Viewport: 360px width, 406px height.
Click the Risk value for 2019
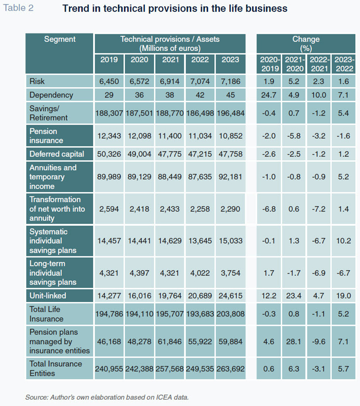pyautogui.click(x=109, y=81)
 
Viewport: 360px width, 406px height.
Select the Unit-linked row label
pyautogui.click(x=48, y=296)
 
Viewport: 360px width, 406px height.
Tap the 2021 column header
pyautogui.click(x=170, y=59)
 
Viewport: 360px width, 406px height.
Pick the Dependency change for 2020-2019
pyautogui.click(x=269, y=95)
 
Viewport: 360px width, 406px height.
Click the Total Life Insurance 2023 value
pyautogui.click(x=230, y=314)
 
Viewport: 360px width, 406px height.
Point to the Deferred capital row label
pyautogui.click(x=57, y=154)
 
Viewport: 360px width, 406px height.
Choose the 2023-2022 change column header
pyautogui.click(x=344, y=64)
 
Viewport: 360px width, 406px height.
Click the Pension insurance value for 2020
pyautogui.click(x=139, y=136)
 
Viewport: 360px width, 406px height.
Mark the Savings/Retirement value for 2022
pyautogui.click(x=200, y=113)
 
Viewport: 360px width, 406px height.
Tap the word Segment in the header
pyautogui.click(x=59, y=39)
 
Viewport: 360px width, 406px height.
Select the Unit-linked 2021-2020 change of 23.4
pyautogui.click(x=293, y=296)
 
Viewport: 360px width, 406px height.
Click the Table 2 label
pyautogui.click(x=18, y=8)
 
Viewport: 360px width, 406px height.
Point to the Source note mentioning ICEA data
pyautogui.click(x=107, y=397)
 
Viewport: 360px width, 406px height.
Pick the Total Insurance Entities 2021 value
pyautogui.click(x=169, y=369)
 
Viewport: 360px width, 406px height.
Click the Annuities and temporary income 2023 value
pyautogui.click(x=230, y=177)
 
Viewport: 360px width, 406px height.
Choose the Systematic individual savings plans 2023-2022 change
pyautogui.click(x=344, y=241)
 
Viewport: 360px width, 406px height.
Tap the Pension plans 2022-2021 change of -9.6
pyautogui.click(x=318, y=341)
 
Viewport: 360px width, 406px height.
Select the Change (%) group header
pyautogui.click(x=306, y=43)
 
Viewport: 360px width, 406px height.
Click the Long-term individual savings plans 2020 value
pyautogui.click(x=139, y=273)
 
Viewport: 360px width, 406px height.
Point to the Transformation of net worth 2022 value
pyautogui.click(x=200, y=209)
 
